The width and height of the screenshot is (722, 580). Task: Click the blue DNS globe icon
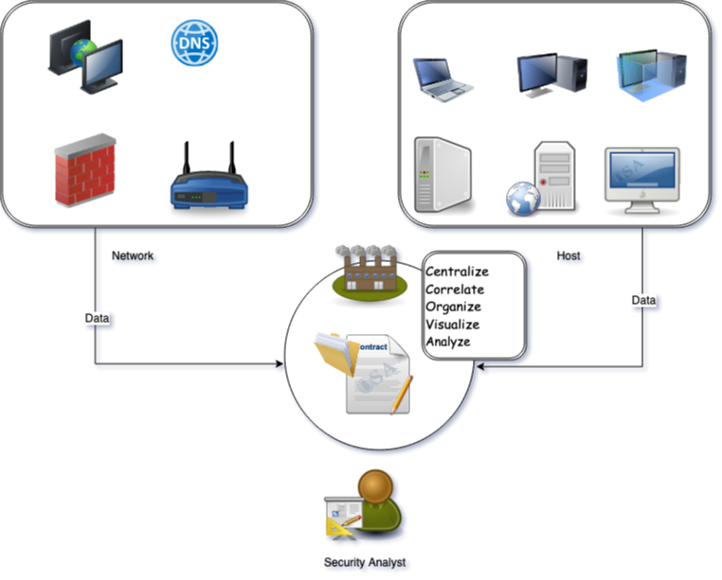[194, 43]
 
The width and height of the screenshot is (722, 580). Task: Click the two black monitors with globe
[85, 57]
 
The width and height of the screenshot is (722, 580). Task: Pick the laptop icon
[442, 79]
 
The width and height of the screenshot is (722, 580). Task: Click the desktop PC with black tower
[551, 73]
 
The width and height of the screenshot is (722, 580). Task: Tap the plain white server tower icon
[442, 175]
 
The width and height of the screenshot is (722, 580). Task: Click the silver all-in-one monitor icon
[641, 176]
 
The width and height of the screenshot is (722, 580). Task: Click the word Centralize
[462, 272]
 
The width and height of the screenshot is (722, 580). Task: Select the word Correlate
[455, 290]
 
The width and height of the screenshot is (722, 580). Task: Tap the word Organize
[453, 307]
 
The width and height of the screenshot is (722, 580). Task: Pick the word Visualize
[453, 325]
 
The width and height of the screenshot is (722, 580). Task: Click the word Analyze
[448, 342]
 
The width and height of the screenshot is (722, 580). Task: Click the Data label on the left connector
[97, 319]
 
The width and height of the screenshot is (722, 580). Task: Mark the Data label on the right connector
[643, 300]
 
